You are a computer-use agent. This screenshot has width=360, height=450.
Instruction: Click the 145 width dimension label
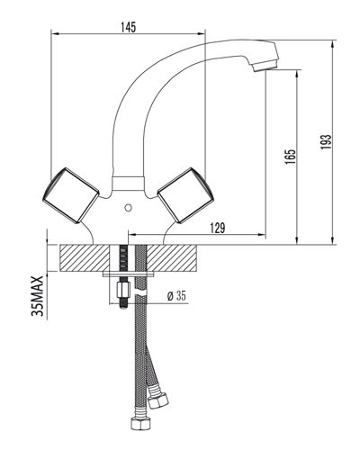pos(129,27)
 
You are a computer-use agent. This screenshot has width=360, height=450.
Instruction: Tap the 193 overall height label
pos(326,141)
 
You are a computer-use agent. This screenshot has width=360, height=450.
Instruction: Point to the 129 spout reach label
pos(217,228)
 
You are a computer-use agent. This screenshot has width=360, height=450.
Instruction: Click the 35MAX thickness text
pos(37,296)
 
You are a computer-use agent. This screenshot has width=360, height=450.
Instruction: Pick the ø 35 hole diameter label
pos(176,296)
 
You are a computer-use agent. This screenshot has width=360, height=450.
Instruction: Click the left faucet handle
pos(70,195)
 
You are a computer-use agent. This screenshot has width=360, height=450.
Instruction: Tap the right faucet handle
pos(186,195)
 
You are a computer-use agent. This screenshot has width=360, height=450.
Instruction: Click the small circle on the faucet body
pos(128,207)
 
